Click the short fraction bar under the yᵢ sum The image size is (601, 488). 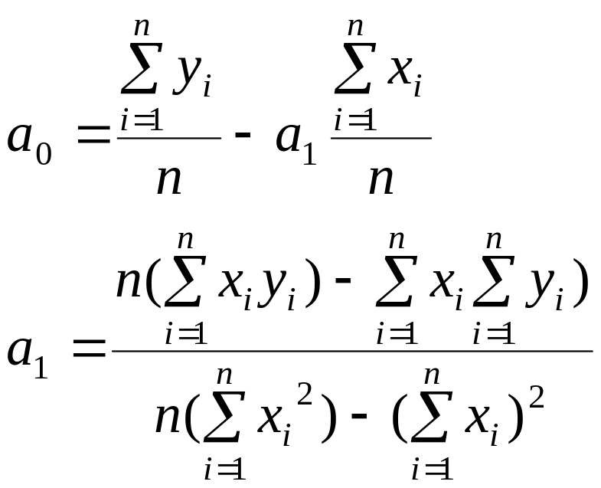pos(168,139)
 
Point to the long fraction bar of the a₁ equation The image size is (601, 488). pos(352,351)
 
